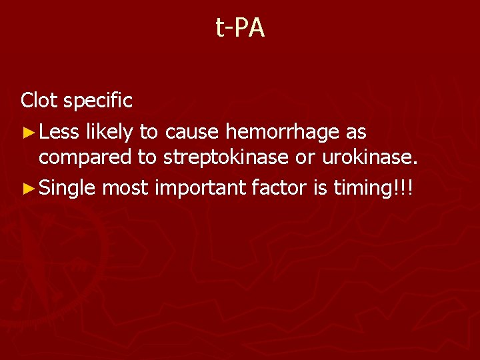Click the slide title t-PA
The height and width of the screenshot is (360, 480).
(240, 28)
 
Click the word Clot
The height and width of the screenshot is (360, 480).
(39, 101)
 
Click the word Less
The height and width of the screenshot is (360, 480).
(59, 132)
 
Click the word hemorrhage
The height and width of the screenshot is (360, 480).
(283, 133)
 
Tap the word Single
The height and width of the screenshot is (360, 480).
(67, 189)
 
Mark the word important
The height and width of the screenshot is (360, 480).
(201, 189)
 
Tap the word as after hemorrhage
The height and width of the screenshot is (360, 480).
(355, 133)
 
